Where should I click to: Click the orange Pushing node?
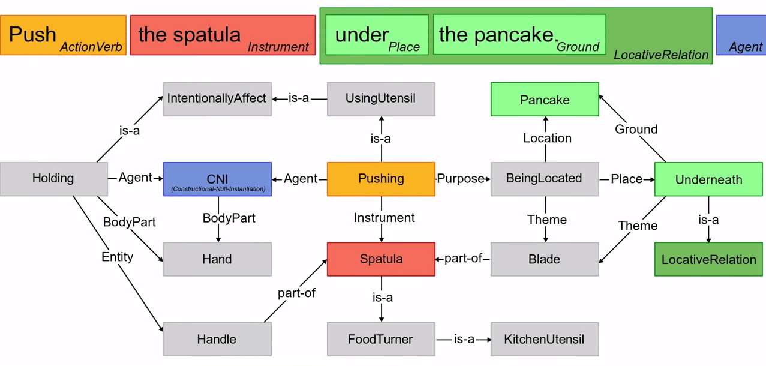click(381, 179)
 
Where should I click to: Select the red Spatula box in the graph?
click(381, 259)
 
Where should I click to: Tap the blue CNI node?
click(217, 179)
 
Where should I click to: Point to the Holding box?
click(53, 179)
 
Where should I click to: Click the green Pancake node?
click(545, 100)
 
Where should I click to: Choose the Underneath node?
click(708, 179)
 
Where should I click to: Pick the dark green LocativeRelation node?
click(708, 260)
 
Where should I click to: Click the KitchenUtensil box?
click(545, 340)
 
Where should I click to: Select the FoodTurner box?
click(381, 340)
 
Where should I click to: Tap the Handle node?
click(217, 340)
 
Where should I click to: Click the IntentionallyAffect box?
click(217, 99)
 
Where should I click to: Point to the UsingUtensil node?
click(381, 99)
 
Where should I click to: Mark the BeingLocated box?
click(545, 179)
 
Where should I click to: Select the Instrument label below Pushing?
click(384, 218)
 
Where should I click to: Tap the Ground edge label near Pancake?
click(636, 130)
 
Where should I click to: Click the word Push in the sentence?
click(33, 34)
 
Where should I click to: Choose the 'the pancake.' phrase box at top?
click(519, 35)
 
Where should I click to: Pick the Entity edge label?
click(118, 257)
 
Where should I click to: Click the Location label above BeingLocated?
click(547, 139)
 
